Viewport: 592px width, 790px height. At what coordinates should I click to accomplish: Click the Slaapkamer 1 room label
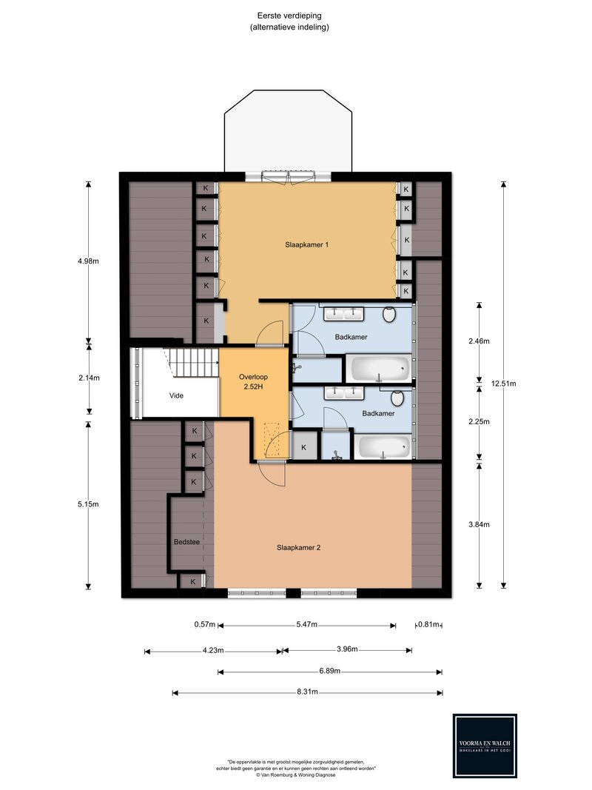(306, 245)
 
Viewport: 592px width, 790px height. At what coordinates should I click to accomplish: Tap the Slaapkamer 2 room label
(298, 548)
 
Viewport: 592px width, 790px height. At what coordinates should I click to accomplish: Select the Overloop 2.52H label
(253, 382)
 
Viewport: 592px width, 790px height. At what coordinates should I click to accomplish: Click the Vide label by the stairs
(176, 395)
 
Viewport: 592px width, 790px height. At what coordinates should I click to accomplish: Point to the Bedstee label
(186, 542)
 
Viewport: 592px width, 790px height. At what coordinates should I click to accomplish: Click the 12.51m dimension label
(503, 384)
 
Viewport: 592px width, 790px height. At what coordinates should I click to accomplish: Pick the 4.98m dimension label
(89, 261)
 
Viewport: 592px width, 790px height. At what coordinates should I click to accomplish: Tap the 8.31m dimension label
(307, 692)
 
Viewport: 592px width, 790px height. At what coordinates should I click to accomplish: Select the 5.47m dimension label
(306, 625)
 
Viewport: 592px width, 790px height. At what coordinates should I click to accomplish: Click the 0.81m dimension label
(428, 625)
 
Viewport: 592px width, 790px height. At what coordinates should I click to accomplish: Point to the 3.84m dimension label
(479, 524)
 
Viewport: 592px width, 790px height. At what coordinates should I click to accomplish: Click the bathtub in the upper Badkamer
(380, 369)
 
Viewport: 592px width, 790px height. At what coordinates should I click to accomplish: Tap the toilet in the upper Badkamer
(389, 315)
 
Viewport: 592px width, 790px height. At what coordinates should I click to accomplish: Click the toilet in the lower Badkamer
(397, 398)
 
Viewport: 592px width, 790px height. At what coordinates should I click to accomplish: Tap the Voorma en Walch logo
(485, 746)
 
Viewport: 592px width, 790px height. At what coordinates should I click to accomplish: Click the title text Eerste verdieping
(289, 16)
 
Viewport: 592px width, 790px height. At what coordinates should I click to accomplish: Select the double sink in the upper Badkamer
(344, 314)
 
